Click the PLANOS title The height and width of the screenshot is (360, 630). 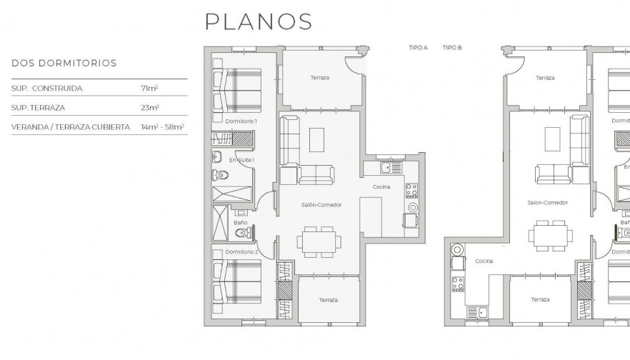(x=259, y=21)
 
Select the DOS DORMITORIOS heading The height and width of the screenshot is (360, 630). (x=64, y=63)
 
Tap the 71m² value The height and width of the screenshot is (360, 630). (x=149, y=88)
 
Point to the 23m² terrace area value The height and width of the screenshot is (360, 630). (x=150, y=107)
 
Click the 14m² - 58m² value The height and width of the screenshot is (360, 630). (x=164, y=126)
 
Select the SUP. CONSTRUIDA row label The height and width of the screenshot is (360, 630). (x=47, y=88)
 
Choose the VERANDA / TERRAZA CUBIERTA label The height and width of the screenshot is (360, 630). (x=71, y=126)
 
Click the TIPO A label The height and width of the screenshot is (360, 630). (x=418, y=48)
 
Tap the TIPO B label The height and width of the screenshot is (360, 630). (x=452, y=48)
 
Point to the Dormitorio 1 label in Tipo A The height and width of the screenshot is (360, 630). (x=241, y=121)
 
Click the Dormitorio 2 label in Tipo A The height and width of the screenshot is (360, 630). (x=241, y=251)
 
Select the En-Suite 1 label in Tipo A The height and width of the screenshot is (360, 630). (x=241, y=160)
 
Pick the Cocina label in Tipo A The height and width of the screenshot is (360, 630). (x=381, y=186)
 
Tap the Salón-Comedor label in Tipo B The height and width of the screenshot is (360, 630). (x=548, y=203)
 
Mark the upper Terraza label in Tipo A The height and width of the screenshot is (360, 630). (x=319, y=77)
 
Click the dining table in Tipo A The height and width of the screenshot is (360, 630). (x=316, y=240)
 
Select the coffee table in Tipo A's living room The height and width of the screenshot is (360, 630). (x=316, y=139)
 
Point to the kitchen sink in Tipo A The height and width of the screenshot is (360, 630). (x=385, y=168)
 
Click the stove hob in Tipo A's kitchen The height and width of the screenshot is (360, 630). (x=411, y=190)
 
